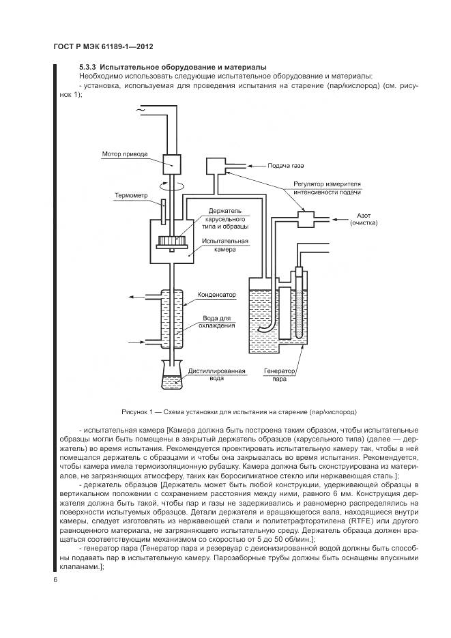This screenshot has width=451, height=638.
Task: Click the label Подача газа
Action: click(x=281, y=165)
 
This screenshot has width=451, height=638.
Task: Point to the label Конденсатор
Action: click(x=216, y=295)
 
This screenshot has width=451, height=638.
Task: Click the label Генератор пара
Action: click(x=278, y=375)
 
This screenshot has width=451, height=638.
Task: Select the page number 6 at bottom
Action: click(x=55, y=579)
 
